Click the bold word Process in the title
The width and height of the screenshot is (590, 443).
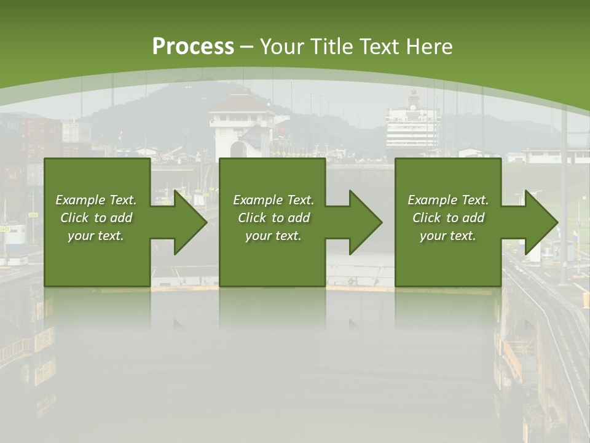click(x=193, y=47)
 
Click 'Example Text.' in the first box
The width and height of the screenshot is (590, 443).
click(x=96, y=200)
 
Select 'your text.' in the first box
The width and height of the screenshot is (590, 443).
click(x=96, y=236)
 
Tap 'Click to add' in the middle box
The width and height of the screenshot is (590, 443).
click(x=273, y=218)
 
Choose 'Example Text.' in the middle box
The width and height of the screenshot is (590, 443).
click(x=273, y=200)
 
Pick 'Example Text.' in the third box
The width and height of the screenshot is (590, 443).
click(x=448, y=200)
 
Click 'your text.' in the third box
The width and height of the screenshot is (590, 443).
click(x=448, y=236)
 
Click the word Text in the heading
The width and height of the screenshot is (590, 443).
click(x=380, y=47)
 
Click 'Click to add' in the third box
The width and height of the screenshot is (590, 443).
click(x=448, y=218)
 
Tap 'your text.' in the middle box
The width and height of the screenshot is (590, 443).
click(x=273, y=236)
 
